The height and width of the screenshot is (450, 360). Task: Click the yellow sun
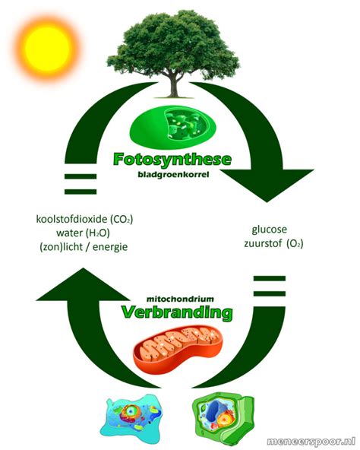point(47,48)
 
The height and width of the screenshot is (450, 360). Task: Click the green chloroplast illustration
point(172,126)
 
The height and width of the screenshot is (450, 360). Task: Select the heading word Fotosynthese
point(172,159)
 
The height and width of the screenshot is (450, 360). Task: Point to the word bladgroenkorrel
point(173,174)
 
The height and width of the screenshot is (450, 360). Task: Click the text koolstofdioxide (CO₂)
point(84,219)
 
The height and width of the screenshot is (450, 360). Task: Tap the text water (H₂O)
point(84,233)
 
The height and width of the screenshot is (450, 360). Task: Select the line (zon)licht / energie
point(84,247)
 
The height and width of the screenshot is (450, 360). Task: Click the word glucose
point(270,230)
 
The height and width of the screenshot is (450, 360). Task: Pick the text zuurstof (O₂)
point(273,244)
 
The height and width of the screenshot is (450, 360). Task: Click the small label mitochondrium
point(180,299)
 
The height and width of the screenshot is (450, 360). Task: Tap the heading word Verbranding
point(177,312)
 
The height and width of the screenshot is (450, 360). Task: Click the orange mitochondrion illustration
point(178,348)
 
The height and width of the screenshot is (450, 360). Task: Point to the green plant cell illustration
point(223,417)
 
